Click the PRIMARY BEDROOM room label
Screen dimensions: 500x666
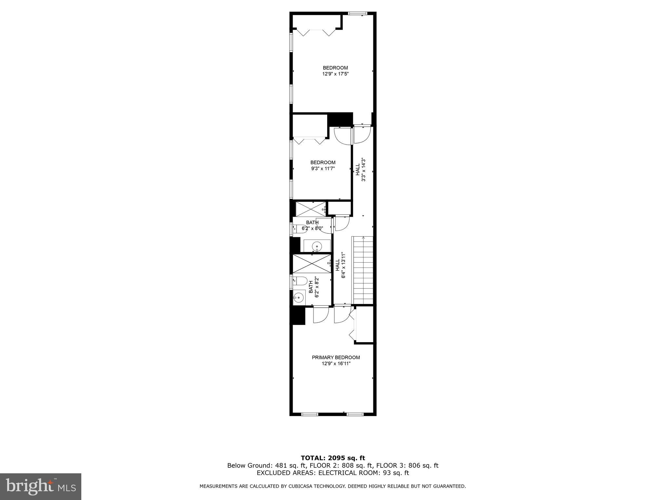pyautogui.click(x=336, y=357)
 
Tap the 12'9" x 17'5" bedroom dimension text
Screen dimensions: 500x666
pyautogui.click(x=336, y=74)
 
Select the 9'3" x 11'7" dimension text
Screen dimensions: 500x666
pyautogui.click(x=323, y=169)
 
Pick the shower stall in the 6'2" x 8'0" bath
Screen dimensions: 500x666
pyautogui.click(x=310, y=209)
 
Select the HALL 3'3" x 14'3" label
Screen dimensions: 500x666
pyautogui.click(x=360, y=170)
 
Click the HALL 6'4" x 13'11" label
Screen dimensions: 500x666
pyautogui.click(x=340, y=265)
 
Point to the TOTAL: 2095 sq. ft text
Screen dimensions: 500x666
pyautogui.click(x=333, y=458)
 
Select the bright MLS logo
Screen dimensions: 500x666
pyautogui.click(x=40, y=487)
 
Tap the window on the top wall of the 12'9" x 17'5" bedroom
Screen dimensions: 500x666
pyautogui.click(x=357, y=13)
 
